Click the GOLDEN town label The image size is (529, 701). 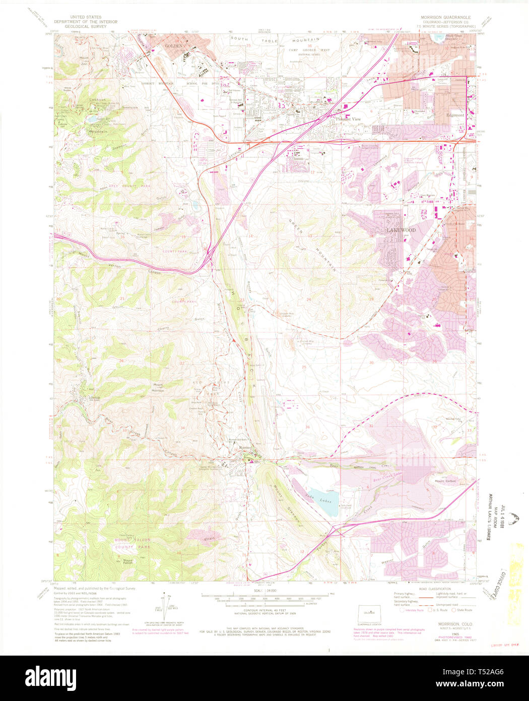tap(173, 45)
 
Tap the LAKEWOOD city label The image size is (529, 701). tap(401, 230)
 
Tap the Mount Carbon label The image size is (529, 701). tap(445, 480)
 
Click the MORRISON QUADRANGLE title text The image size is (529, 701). tap(445, 17)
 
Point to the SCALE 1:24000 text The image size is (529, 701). tap(264, 591)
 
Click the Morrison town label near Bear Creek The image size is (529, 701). tap(244, 448)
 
